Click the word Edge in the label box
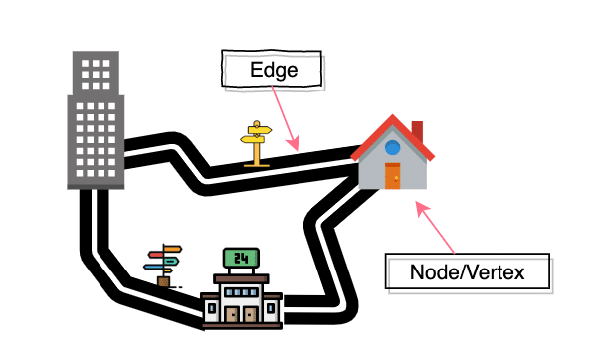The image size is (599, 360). [x=273, y=71]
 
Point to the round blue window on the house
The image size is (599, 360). [x=393, y=148]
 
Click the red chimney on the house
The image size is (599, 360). [x=417, y=132]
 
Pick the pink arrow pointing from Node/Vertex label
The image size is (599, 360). [x=437, y=228]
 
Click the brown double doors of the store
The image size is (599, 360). [x=242, y=313]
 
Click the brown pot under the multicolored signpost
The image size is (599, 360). [x=163, y=282]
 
